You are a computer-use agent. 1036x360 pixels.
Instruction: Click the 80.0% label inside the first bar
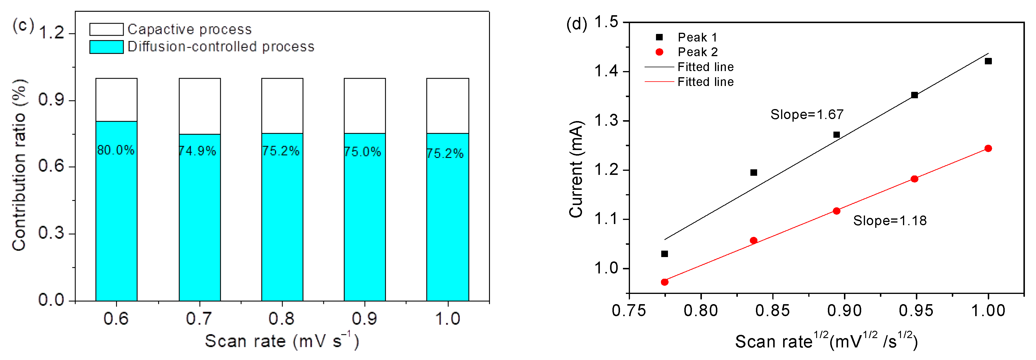(116, 150)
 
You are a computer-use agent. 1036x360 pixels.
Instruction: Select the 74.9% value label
(198, 151)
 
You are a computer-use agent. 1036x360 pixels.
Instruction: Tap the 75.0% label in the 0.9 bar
(362, 152)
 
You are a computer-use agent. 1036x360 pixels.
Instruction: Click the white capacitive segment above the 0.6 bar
(116, 99)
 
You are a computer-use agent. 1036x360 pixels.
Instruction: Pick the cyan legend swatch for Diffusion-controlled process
(106, 47)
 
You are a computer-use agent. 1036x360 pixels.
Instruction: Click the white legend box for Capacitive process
(106, 29)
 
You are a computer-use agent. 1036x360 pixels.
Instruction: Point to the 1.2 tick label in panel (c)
(51, 33)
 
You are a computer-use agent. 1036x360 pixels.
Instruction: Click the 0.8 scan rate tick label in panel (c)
(282, 318)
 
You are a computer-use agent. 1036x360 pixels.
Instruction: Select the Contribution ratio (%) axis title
(19, 165)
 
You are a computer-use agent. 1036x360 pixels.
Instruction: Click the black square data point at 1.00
(988, 61)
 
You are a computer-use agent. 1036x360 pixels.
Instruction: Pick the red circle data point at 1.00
(988, 149)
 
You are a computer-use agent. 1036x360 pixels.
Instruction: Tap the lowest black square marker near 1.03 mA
(664, 254)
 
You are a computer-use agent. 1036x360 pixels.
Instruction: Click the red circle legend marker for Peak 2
(659, 52)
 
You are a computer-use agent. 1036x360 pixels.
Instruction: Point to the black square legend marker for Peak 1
(659, 37)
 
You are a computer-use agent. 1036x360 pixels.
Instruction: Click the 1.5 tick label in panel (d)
(606, 22)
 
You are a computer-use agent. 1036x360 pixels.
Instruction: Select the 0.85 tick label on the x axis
(772, 311)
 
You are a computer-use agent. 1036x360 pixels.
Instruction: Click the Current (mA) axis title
(576, 169)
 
